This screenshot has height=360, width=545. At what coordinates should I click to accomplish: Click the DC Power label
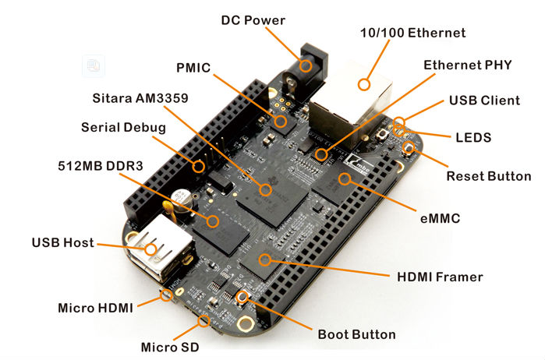coord(253,19)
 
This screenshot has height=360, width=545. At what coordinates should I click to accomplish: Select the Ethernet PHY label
coord(467,65)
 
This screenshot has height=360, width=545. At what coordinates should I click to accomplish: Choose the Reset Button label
coord(488,176)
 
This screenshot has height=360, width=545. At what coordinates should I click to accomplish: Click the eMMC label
coord(439,219)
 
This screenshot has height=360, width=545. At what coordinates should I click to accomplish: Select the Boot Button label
coord(356,335)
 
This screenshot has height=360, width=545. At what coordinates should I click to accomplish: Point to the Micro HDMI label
coord(96,308)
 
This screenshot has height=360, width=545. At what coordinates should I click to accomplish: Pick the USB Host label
coord(62,243)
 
